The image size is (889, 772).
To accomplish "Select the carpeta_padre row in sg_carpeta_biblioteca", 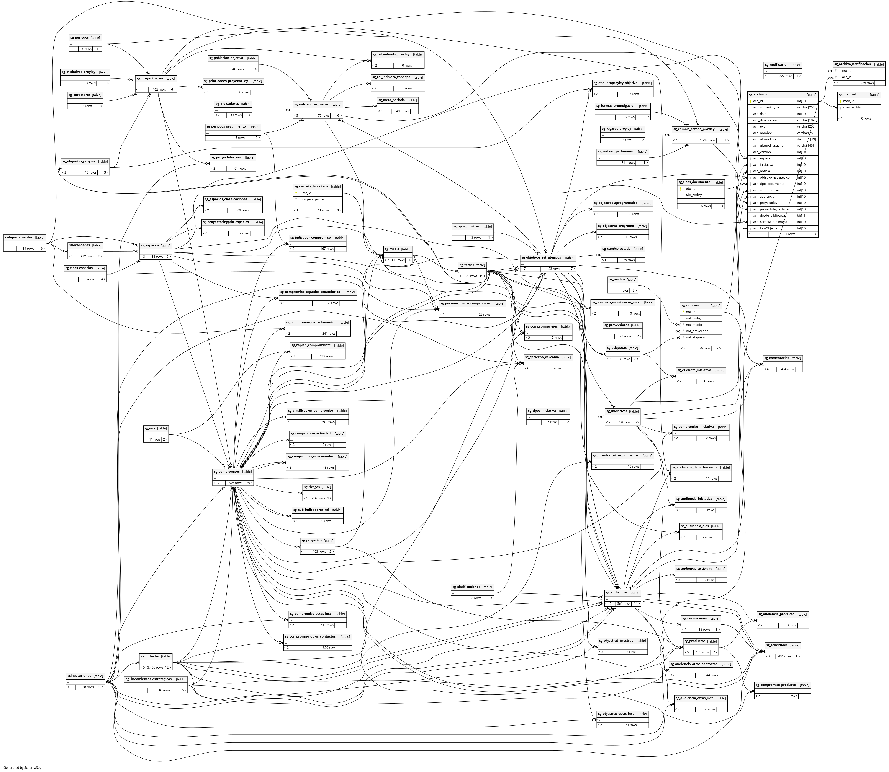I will (x=313, y=200).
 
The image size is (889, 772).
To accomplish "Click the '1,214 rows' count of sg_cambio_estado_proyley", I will (x=708, y=140).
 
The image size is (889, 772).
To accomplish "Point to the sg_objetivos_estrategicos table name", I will (x=541, y=258).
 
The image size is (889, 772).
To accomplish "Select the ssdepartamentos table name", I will (x=18, y=237).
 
